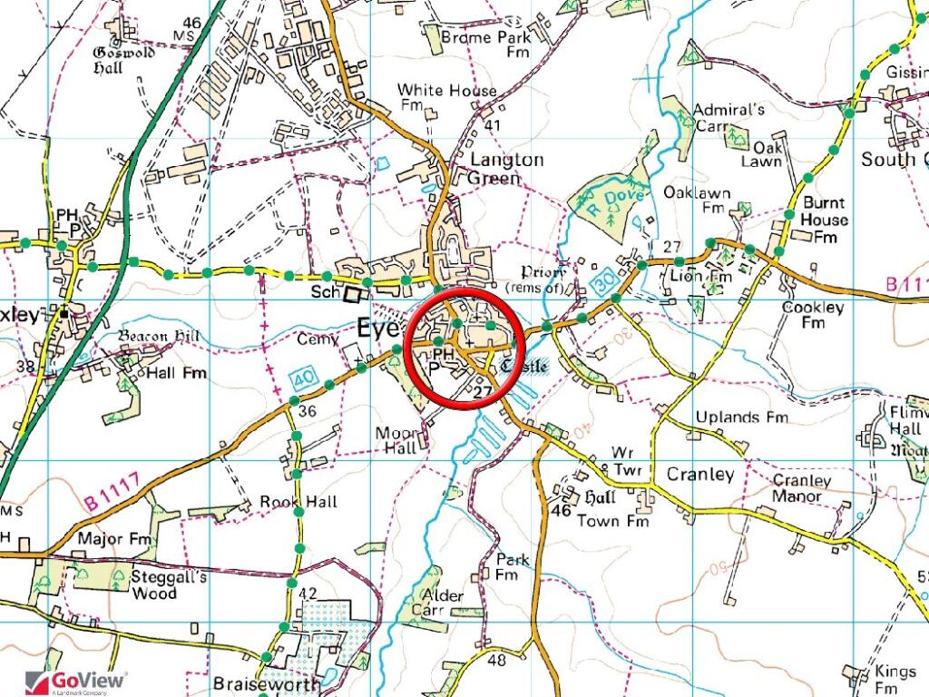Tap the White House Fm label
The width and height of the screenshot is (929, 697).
click(446, 98)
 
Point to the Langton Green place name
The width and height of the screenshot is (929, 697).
click(506, 169)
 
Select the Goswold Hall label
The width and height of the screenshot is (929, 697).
click(124, 59)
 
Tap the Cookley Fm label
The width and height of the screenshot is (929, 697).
click(813, 315)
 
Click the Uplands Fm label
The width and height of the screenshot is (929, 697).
click(741, 417)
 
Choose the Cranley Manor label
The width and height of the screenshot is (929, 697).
click(802, 488)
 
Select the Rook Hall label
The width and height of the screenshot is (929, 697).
click(298, 502)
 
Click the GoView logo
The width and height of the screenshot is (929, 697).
click(76, 682)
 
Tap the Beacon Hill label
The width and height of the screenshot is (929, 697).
click(159, 337)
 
